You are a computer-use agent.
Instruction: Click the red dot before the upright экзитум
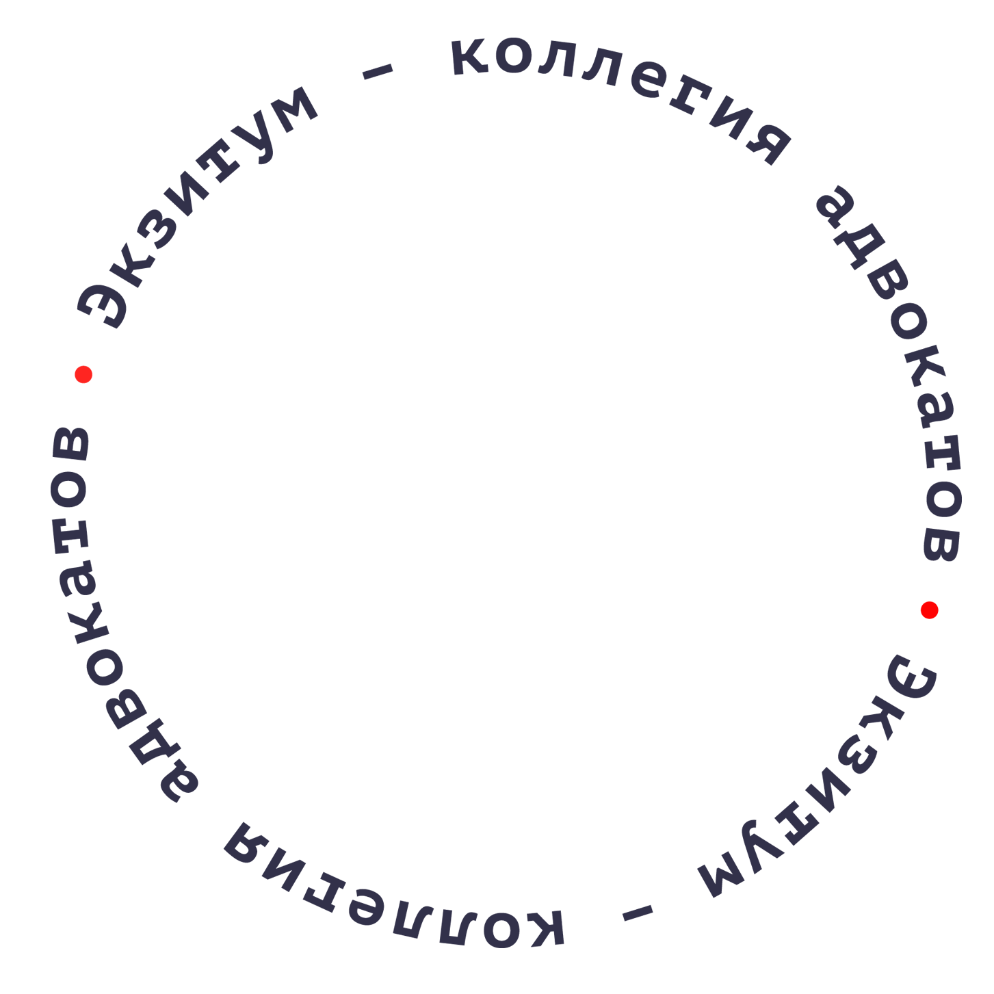tap(83, 374)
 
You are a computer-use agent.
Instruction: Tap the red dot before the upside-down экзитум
tap(929, 610)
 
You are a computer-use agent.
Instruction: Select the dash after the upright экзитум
tap(378, 71)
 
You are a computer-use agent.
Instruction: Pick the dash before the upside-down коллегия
tap(638, 913)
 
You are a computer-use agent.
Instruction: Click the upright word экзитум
tap(192, 205)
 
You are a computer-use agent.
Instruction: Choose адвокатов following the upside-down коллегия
tap(96, 616)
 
